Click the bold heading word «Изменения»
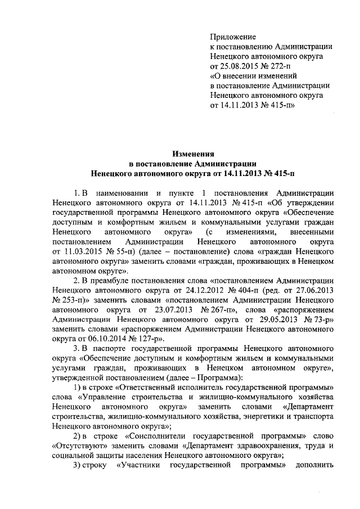pos(194,152)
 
